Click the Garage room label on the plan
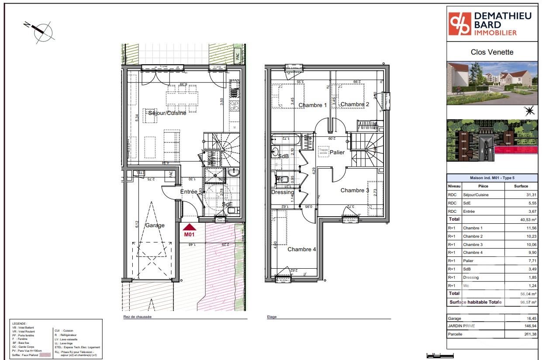(155, 225)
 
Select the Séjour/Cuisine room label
(167, 113)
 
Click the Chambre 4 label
(301, 249)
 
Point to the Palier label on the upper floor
(337, 152)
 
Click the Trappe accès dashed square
(323, 151)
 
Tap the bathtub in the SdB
(287, 141)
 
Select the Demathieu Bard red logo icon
(460, 24)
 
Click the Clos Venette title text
(492, 52)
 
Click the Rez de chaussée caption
(137, 317)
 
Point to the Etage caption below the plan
(272, 317)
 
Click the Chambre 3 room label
(355, 190)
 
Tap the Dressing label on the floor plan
(283, 192)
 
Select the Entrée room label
(189, 192)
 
